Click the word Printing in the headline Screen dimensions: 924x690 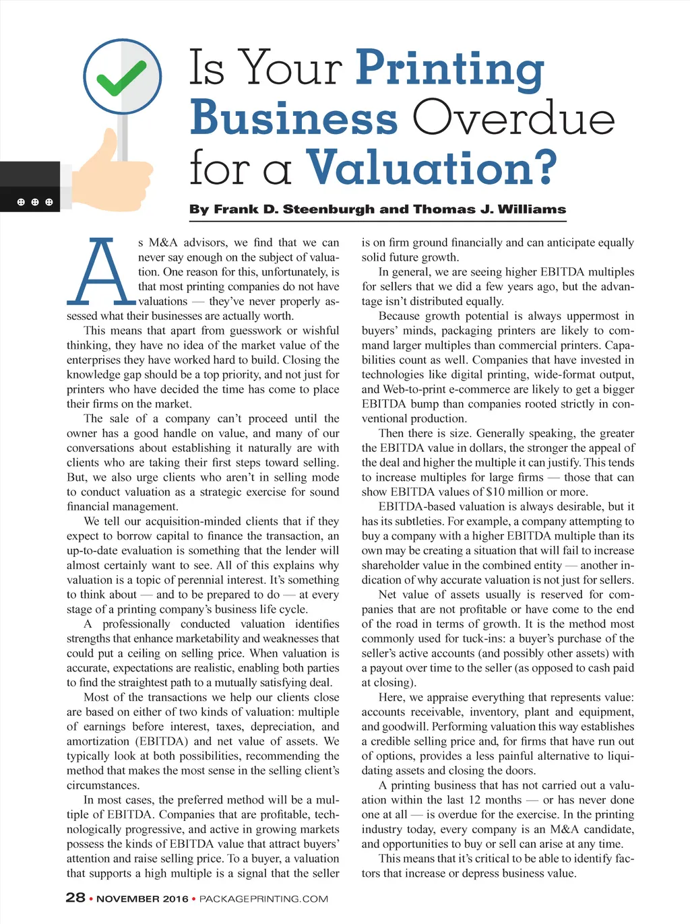449,68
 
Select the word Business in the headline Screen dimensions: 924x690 294,118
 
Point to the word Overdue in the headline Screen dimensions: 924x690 513,118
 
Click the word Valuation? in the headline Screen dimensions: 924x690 431,167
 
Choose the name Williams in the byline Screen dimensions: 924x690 532,209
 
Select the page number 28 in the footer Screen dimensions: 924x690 75,898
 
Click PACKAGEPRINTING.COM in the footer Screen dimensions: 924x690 263,898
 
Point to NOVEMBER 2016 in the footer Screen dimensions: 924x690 142,898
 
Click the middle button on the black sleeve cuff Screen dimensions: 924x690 34,202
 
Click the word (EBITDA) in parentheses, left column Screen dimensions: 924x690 147,741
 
